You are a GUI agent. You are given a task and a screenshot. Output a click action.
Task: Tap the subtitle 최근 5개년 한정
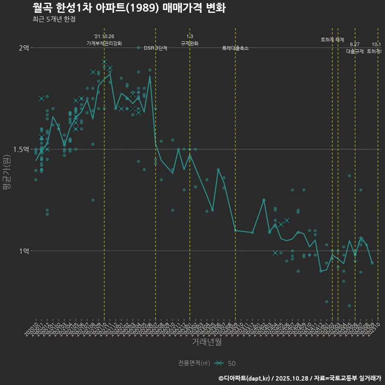click(54, 19)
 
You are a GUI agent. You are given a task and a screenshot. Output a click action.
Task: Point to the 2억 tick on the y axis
click(24, 48)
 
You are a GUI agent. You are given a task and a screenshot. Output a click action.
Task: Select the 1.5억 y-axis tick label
click(21, 149)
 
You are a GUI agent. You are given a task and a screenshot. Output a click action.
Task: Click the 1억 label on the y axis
click(24, 251)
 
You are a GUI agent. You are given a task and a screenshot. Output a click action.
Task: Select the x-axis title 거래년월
click(207, 342)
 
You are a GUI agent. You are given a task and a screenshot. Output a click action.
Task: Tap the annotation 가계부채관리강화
click(104, 43)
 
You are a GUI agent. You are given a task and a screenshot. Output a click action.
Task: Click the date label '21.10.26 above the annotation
click(104, 36)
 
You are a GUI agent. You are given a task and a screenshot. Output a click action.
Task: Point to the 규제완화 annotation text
click(190, 43)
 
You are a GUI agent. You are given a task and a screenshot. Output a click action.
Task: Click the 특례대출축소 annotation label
click(235, 48)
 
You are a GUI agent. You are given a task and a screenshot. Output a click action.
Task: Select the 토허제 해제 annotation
click(332, 40)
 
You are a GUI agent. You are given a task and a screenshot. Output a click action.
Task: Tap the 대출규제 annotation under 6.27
click(355, 51)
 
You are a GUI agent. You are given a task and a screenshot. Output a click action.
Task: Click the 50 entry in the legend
click(231, 363)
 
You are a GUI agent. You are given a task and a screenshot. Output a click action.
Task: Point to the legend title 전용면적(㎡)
click(194, 363)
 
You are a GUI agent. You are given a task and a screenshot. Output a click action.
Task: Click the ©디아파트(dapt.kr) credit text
click(245, 378)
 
